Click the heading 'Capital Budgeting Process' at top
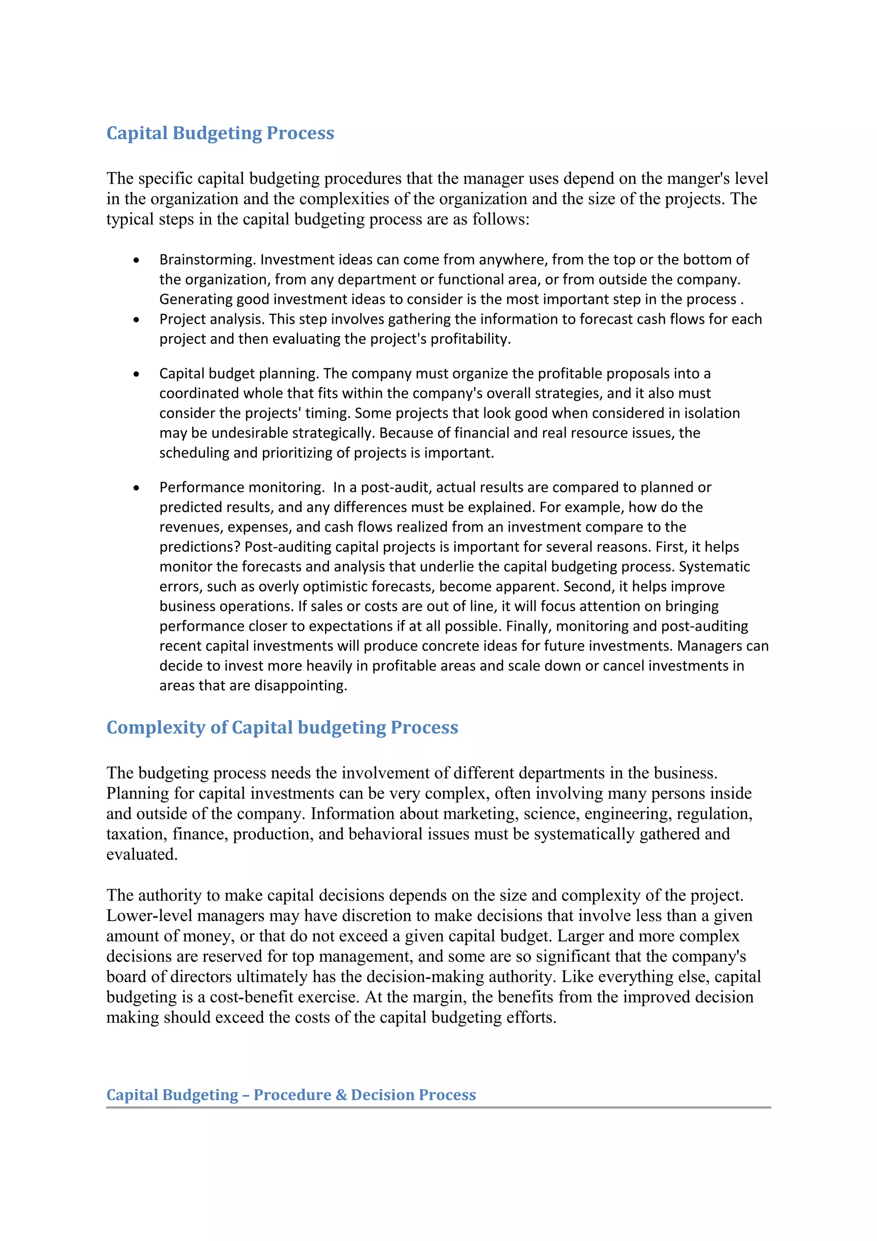click(x=220, y=133)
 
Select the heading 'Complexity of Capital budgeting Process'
click(x=282, y=727)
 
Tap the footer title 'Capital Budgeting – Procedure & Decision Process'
click(x=291, y=1095)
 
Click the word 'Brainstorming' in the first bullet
click(x=206, y=260)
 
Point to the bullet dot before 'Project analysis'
click(x=136, y=320)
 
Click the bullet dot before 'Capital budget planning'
click(x=136, y=374)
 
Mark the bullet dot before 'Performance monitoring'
click(x=136, y=488)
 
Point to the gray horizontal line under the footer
click(x=438, y=1107)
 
